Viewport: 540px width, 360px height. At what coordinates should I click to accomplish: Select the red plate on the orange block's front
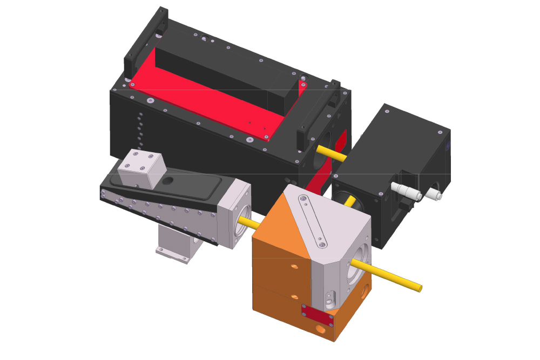pyautogui.click(x=317, y=317)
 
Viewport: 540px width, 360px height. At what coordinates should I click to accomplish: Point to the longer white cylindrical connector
pyautogui.click(x=404, y=191)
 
